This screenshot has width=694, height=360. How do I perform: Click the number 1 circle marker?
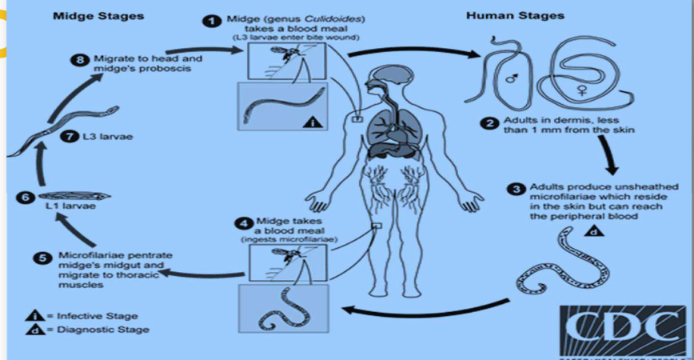(x=212, y=21)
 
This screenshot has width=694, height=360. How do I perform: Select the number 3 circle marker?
(x=517, y=189)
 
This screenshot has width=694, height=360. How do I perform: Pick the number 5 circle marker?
(x=44, y=257)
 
